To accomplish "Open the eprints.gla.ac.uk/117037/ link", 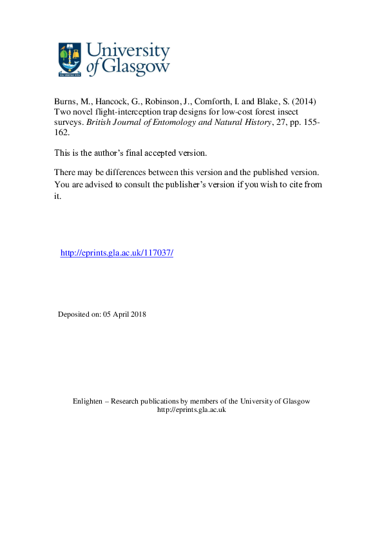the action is coord(117,253).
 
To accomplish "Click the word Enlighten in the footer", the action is coord(87,401).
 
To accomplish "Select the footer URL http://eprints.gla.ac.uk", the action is coord(191,410).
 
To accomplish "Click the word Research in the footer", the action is coord(126,401).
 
